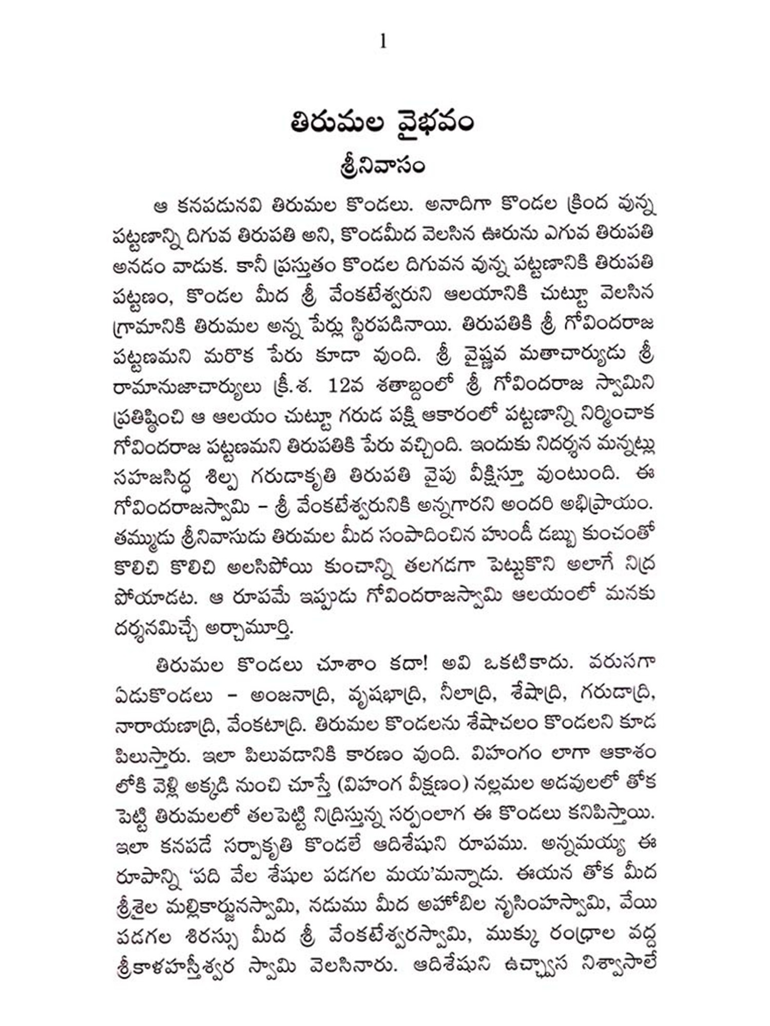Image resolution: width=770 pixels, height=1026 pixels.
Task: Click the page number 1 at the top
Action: click(383, 42)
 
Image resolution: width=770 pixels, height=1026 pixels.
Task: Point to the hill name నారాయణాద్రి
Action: click(169, 724)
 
